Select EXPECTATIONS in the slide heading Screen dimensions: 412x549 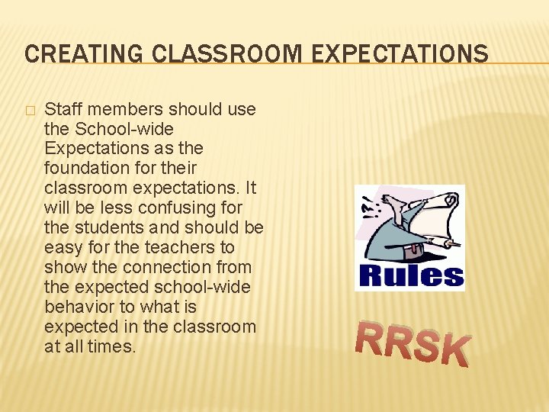[390, 53]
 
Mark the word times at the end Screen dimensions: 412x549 [113, 346]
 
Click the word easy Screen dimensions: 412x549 [62, 247]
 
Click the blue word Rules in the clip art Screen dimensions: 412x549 [410, 275]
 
